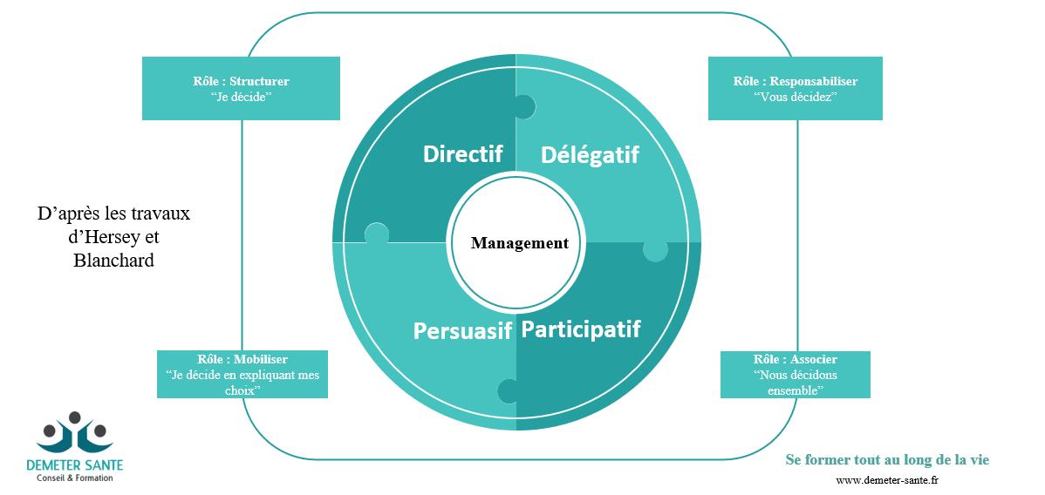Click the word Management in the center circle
pos(519,243)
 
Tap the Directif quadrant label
pos(462,153)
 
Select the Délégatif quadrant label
pos(590,155)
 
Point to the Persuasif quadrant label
pos(462,331)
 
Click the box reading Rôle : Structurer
pos(241,87)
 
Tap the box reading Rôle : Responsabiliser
pos(795,88)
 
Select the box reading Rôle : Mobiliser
pos(242,374)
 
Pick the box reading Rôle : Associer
pos(795,375)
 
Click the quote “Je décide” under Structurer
pos(241,97)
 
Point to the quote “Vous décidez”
pos(795,97)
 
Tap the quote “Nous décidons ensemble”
pos(795,383)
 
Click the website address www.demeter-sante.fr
pos(887,480)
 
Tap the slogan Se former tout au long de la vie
pos(887,459)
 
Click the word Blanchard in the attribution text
pos(114,260)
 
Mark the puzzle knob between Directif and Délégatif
pos(522,106)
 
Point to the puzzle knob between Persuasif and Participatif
pos(509,390)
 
